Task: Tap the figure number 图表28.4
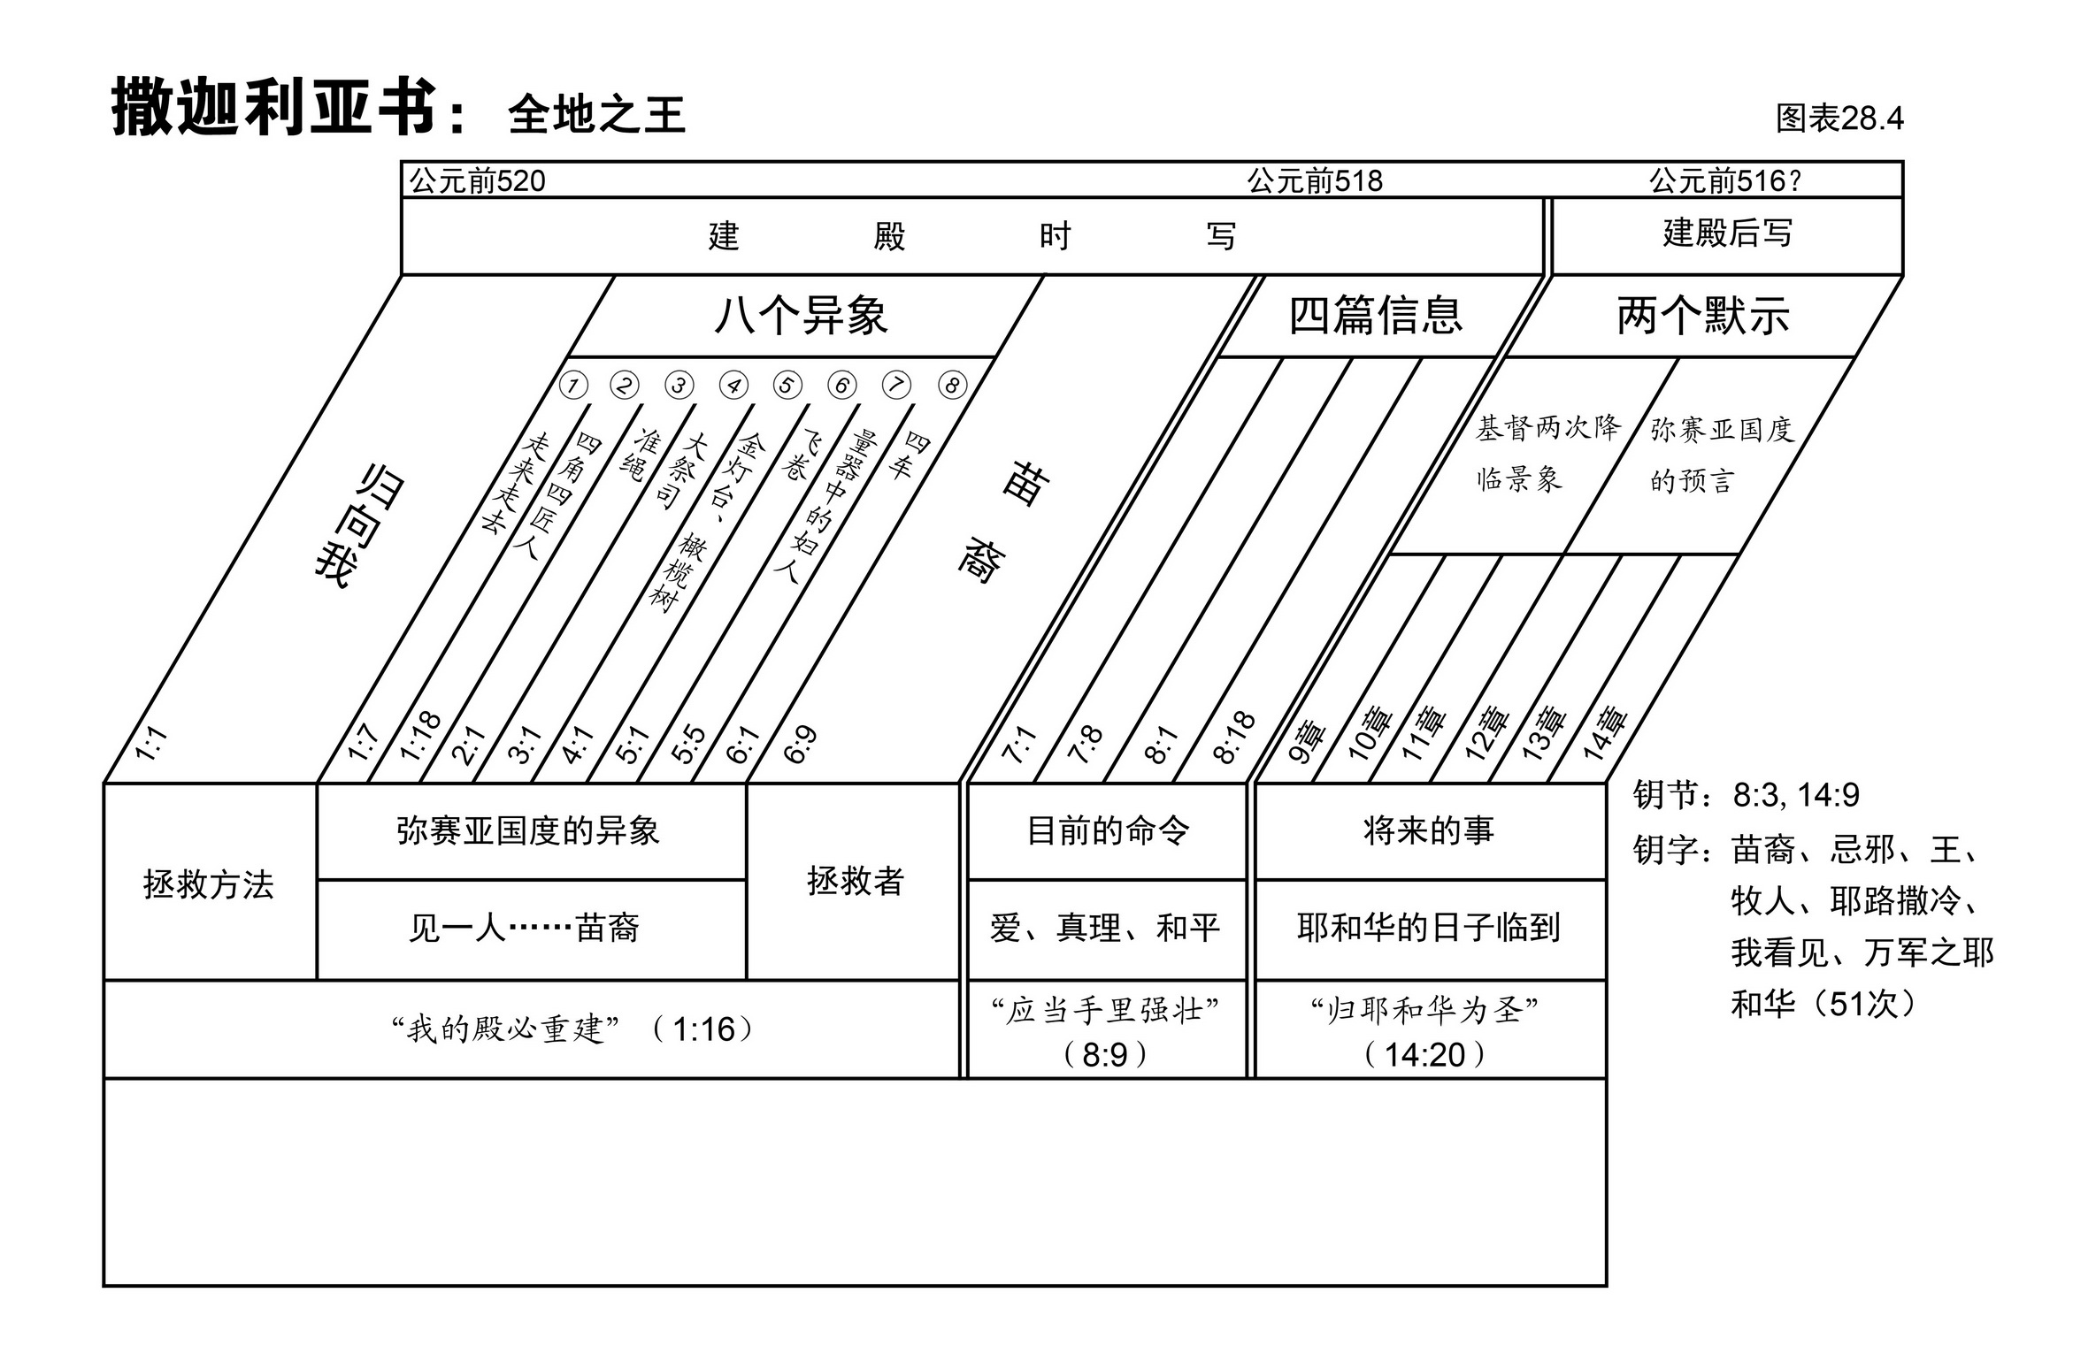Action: (x=1839, y=119)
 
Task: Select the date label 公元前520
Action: (x=478, y=181)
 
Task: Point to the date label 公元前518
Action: (x=1314, y=181)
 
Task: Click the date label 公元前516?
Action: (x=1724, y=181)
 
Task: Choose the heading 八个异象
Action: (x=800, y=316)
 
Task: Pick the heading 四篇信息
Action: (x=1375, y=316)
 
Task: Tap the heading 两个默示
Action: (x=1702, y=316)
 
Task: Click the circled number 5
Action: (x=787, y=386)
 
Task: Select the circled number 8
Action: (x=952, y=386)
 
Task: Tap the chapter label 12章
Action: (x=1486, y=733)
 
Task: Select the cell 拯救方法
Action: (x=209, y=884)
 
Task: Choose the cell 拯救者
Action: (x=855, y=882)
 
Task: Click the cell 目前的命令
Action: (x=1108, y=831)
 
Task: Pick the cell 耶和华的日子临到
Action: (x=1429, y=928)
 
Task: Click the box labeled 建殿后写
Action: (x=1727, y=234)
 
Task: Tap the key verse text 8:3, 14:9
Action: (x=1796, y=796)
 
